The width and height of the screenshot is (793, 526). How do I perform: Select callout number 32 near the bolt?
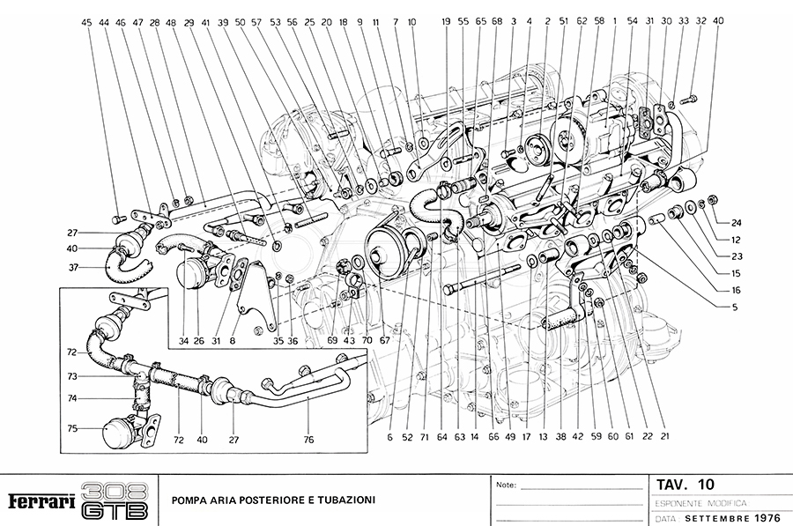(700, 21)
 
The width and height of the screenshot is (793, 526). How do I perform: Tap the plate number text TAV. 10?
(686, 485)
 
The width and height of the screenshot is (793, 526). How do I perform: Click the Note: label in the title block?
(507, 485)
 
